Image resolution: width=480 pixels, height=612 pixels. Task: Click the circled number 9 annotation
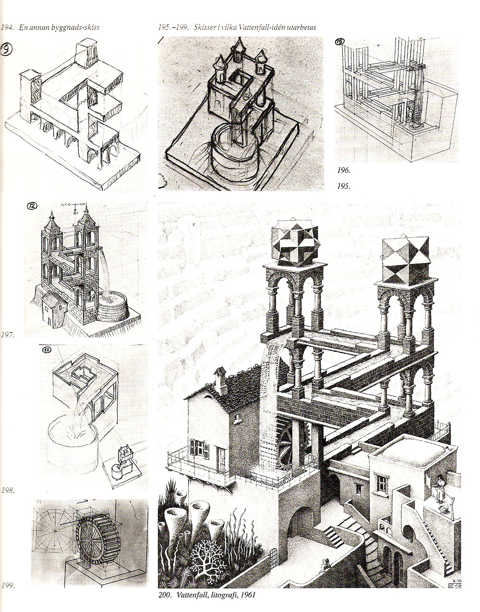click(x=6, y=50)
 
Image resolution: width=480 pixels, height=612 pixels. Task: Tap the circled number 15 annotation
click(x=340, y=41)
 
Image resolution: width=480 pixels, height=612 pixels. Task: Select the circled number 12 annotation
click(x=32, y=206)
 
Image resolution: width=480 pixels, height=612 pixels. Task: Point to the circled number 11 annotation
click(x=47, y=350)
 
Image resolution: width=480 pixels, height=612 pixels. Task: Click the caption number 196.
click(x=344, y=170)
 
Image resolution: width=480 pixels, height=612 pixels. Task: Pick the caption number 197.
click(x=7, y=335)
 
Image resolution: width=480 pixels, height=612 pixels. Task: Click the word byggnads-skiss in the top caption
click(x=75, y=28)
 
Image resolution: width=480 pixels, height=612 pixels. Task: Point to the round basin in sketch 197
click(x=113, y=307)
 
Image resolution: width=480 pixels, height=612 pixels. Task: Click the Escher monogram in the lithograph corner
click(x=455, y=584)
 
